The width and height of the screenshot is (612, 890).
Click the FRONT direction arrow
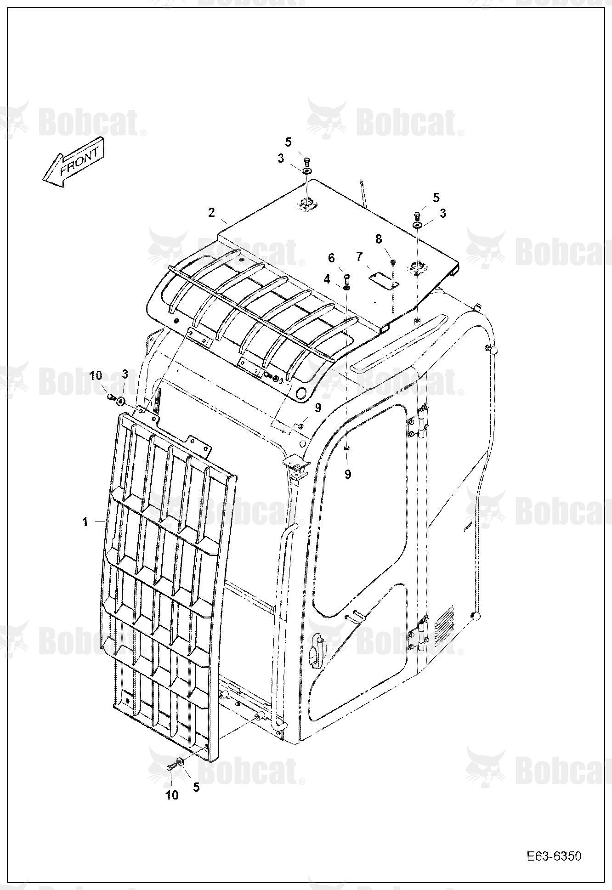[x=74, y=162]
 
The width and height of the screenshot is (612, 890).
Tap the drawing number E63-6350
[x=554, y=856]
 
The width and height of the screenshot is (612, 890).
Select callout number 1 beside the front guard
[x=85, y=522]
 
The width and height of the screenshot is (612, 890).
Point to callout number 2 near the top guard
[x=211, y=213]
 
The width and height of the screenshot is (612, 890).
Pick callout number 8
[x=379, y=239]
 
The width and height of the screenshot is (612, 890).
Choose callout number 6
[x=331, y=258]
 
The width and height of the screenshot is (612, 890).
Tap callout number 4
[x=327, y=279]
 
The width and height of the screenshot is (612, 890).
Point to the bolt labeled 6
[x=347, y=278]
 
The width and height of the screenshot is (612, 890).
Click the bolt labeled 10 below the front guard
[x=171, y=766]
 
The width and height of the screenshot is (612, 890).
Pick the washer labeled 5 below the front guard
[x=181, y=762]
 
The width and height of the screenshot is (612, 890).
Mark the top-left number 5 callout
[x=288, y=142]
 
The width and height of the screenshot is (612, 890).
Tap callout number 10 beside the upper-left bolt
[x=96, y=376]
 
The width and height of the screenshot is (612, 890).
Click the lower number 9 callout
[x=348, y=474]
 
